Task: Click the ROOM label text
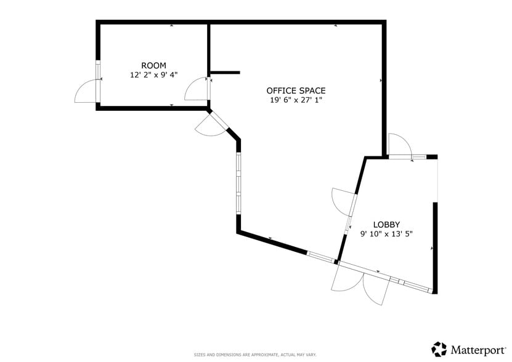153,65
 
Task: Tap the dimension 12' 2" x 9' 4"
153,75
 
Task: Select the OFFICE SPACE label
296,90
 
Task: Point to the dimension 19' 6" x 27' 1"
296,100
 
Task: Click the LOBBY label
386,224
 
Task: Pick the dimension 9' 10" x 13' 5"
386,233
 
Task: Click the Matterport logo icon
439,349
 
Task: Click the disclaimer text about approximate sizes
255,355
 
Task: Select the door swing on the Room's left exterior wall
85,92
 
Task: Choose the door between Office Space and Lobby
342,201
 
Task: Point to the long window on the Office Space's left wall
238,183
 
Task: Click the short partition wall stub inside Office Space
224,73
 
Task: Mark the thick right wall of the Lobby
434,246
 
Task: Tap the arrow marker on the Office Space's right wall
382,81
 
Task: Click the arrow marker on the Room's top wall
171,25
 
